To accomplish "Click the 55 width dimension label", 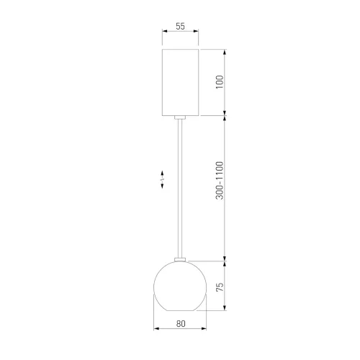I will pos(180,26).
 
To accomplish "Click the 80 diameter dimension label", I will pos(181,323).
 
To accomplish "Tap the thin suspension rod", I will pos(181,187).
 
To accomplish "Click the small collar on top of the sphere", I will pos(181,260).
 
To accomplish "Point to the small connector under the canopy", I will pos(181,116).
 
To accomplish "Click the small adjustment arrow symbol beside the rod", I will pos(163,178).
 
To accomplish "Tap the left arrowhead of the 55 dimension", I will pos(164,32).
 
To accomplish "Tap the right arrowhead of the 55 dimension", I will pos(197,32).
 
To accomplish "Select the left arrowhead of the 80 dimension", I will pos(158,329).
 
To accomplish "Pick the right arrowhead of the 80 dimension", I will pos(204,329).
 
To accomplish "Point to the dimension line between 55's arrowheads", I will pos(180,32).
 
